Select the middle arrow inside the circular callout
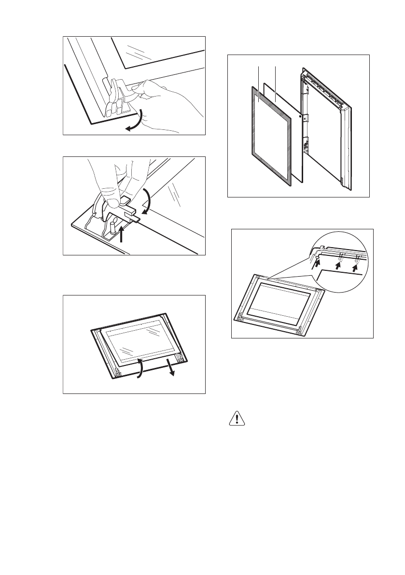pyautogui.click(x=339, y=264)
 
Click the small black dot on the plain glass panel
pyautogui.click(x=300, y=116)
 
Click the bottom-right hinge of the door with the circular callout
pyautogui.click(x=300, y=330)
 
